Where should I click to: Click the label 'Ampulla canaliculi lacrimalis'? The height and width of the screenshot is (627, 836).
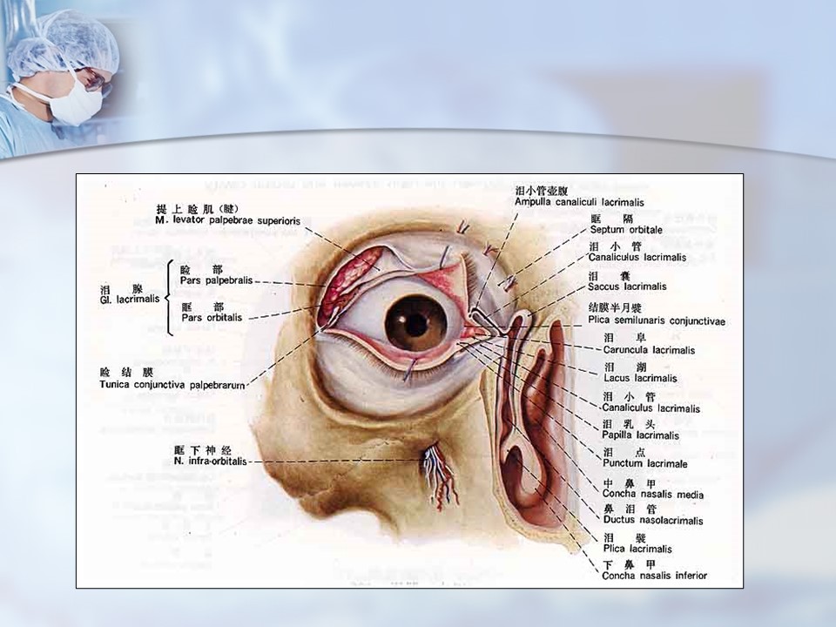click(x=578, y=202)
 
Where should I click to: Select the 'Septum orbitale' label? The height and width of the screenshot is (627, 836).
click(x=625, y=230)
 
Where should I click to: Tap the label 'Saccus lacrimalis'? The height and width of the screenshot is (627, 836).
click(x=626, y=287)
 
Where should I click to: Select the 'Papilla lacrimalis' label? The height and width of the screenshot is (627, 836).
click(x=640, y=435)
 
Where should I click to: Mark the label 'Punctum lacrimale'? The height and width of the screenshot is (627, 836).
click(x=644, y=464)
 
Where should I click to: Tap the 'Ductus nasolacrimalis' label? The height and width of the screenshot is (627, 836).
click(x=652, y=521)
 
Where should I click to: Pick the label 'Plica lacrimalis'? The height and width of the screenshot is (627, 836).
click(x=637, y=549)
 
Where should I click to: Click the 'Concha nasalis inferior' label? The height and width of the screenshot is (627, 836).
click(x=655, y=576)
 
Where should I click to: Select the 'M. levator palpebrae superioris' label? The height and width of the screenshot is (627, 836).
click(x=227, y=221)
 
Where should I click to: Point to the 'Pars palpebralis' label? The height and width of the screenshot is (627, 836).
click(x=216, y=281)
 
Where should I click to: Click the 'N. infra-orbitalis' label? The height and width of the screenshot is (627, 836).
click(x=211, y=461)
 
